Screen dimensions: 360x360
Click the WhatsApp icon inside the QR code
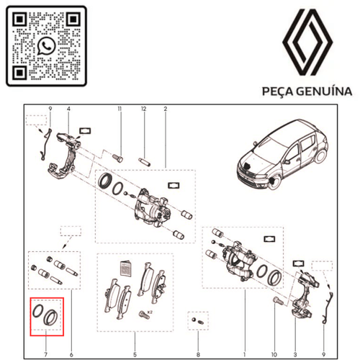pyautogui.click(x=47, y=46)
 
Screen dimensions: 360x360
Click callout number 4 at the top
pyautogui.click(x=69, y=109)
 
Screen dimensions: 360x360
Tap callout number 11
pyautogui.click(x=120, y=109)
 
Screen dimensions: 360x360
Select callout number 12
pyautogui.click(x=143, y=109)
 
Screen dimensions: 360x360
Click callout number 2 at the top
pyautogui.click(x=166, y=109)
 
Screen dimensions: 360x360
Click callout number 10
pyautogui.click(x=274, y=354)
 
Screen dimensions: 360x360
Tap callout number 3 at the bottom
pyautogui.click(x=295, y=354)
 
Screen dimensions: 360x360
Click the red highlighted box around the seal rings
pyautogui.click(x=46, y=317)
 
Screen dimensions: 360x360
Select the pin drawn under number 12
pyautogui.click(x=143, y=152)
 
